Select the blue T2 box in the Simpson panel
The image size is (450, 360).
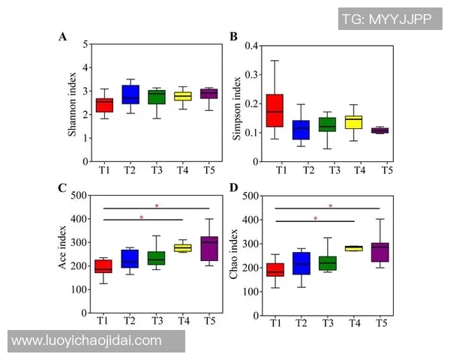pos(301,130)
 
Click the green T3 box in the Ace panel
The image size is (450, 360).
pos(156,257)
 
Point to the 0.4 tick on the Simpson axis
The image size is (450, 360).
pos(251,46)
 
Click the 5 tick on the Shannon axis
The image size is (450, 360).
pos(86,44)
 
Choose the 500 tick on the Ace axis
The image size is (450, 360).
pos(79,196)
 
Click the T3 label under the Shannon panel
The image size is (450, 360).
pos(156,169)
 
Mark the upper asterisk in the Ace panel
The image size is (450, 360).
pos(157,205)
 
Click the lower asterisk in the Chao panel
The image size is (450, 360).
pos(315,219)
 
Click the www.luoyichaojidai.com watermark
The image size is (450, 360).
pos(86,340)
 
